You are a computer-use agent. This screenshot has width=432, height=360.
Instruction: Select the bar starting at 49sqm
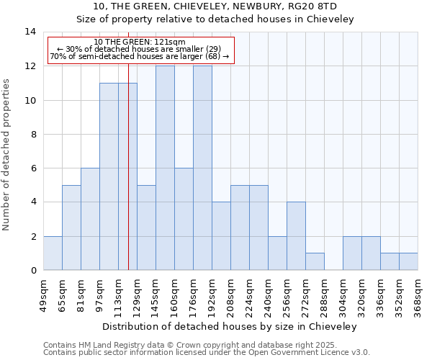pos(53,253)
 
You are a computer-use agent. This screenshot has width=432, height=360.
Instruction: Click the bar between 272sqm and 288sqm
pos(315,262)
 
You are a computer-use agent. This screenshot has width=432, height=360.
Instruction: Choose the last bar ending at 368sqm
pos(408,262)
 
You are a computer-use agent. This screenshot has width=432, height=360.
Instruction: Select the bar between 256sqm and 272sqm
pos(296,236)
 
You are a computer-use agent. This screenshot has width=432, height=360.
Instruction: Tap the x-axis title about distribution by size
pos(230,326)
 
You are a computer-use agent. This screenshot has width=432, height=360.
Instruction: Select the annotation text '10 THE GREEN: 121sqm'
pos(140,42)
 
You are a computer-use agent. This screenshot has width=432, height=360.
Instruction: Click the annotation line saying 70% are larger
pos(140,56)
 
